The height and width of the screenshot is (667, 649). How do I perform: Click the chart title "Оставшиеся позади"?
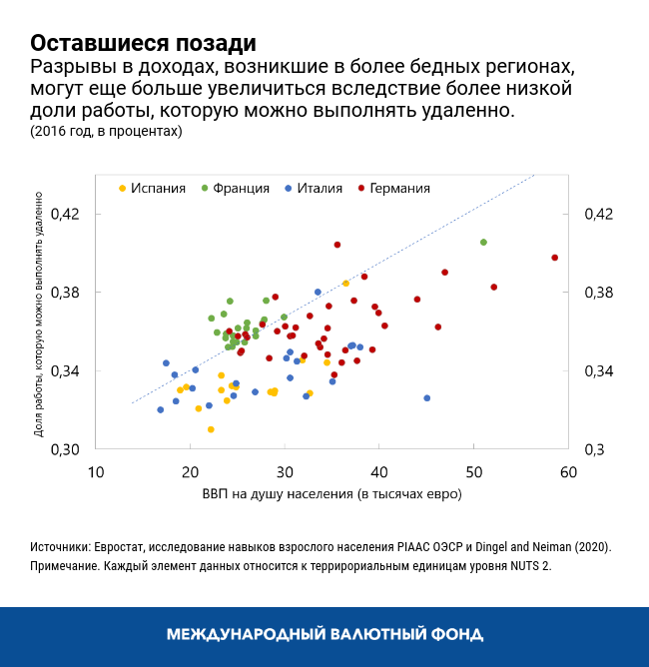click(x=143, y=44)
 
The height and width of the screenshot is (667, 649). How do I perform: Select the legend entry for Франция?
click(x=241, y=188)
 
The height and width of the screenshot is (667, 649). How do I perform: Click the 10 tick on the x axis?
click(x=95, y=471)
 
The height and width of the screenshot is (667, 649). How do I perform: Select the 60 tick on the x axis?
click(x=568, y=471)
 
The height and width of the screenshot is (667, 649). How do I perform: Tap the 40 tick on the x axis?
click(x=379, y=471)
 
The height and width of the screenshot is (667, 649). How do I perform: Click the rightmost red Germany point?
click(x=555, y=258)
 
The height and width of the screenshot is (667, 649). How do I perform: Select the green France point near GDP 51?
click(x=483, y=243)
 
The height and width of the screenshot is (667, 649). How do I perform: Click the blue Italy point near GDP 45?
click(x=427, y=397)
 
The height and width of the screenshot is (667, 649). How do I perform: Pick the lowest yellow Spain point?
click(x=211, y=429)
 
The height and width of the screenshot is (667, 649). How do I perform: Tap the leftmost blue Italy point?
click(x=160, y=409)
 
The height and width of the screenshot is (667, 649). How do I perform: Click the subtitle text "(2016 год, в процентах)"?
click(x=106, y=131)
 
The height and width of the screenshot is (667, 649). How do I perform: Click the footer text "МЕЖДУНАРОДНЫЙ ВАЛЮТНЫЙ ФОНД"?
click(x=324, y=634)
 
